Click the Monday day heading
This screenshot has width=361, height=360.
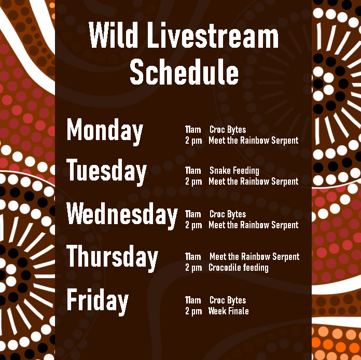coord(105,130)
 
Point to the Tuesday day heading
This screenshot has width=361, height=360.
coord(107,171)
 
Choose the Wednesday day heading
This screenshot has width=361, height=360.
coord(122,214)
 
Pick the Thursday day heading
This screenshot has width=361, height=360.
coord(113,257)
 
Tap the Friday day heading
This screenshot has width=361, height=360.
coord(98,300)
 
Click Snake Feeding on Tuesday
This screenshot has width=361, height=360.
coord(234,171)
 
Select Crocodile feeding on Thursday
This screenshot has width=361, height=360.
coord(238,268)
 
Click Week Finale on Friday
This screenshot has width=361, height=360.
coord(228,311)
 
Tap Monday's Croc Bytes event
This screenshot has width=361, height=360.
coord(228,130)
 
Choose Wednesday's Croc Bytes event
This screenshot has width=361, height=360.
coord(228,214)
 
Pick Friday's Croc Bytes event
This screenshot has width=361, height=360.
coord(228,300)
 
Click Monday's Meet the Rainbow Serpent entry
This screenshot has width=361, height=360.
coord(253,141)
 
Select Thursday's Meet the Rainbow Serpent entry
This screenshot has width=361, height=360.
coord(254,257)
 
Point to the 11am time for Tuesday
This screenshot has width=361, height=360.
coord(193,171)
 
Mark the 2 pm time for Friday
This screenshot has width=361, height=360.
coord(193,311)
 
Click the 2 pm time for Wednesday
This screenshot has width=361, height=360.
coord(193,225)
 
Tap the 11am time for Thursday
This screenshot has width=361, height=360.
coord(193,257)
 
